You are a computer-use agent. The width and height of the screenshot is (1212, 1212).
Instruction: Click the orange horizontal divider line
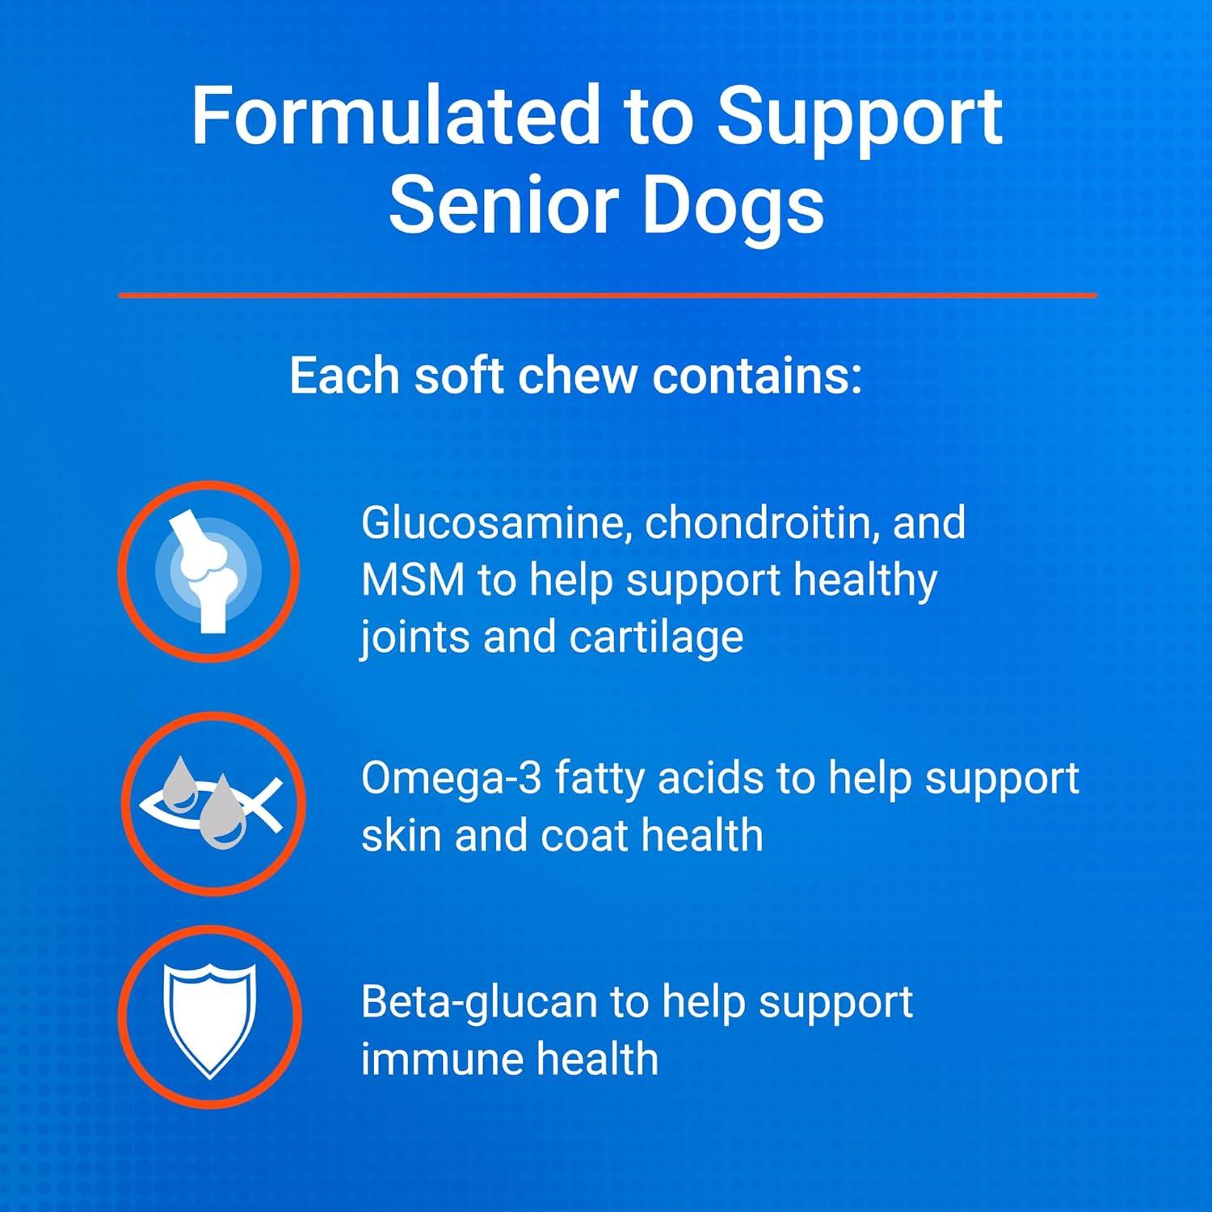[607, 296]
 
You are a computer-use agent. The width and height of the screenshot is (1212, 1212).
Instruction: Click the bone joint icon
[208, 570]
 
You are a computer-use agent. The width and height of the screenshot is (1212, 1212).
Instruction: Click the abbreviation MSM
[412, 581]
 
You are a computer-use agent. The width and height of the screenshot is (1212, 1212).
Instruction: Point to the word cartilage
[655, 638]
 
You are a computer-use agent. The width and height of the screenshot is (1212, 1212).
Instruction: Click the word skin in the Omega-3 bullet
[401, 835]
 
